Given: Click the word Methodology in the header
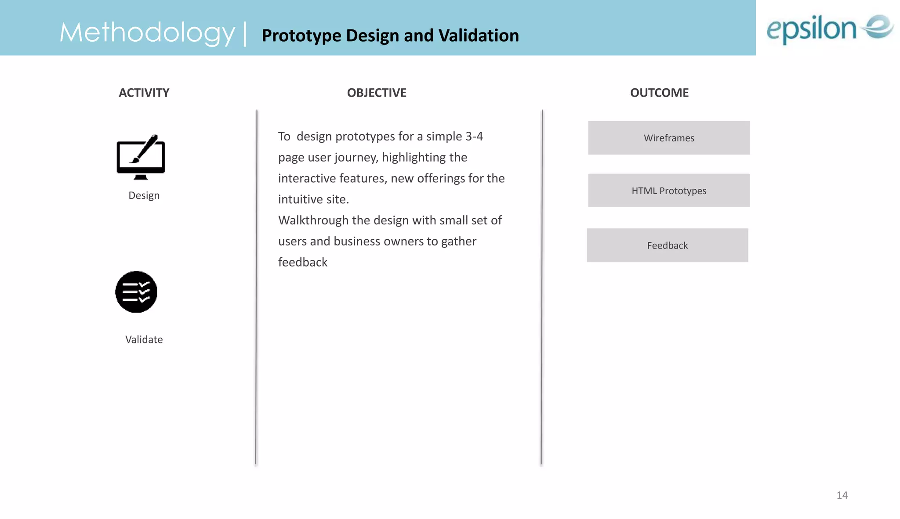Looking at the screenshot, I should [x=147, y=33].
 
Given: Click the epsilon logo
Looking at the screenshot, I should [x=830, y=29].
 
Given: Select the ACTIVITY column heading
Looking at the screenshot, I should [x=144, y=93].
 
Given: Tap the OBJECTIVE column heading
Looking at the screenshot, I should [x=377, y=93].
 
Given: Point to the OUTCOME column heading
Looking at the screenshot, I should [x=659, y=93].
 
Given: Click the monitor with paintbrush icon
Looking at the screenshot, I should [x=141, y=157].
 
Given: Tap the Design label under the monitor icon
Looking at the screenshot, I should [x=144, y=195].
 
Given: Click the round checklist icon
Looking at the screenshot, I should [x=136, y=292].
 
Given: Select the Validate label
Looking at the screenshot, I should [x=144, y=339].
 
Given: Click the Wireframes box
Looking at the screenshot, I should [x=669, y=138].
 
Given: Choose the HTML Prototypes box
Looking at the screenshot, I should [x=669, y=191].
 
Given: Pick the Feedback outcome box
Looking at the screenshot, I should [x=667, y=245].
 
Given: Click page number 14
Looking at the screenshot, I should [x=842, y=495].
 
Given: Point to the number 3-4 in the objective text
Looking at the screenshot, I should [x=474, y=137].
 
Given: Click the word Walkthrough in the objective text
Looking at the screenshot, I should [x=313, y=220].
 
